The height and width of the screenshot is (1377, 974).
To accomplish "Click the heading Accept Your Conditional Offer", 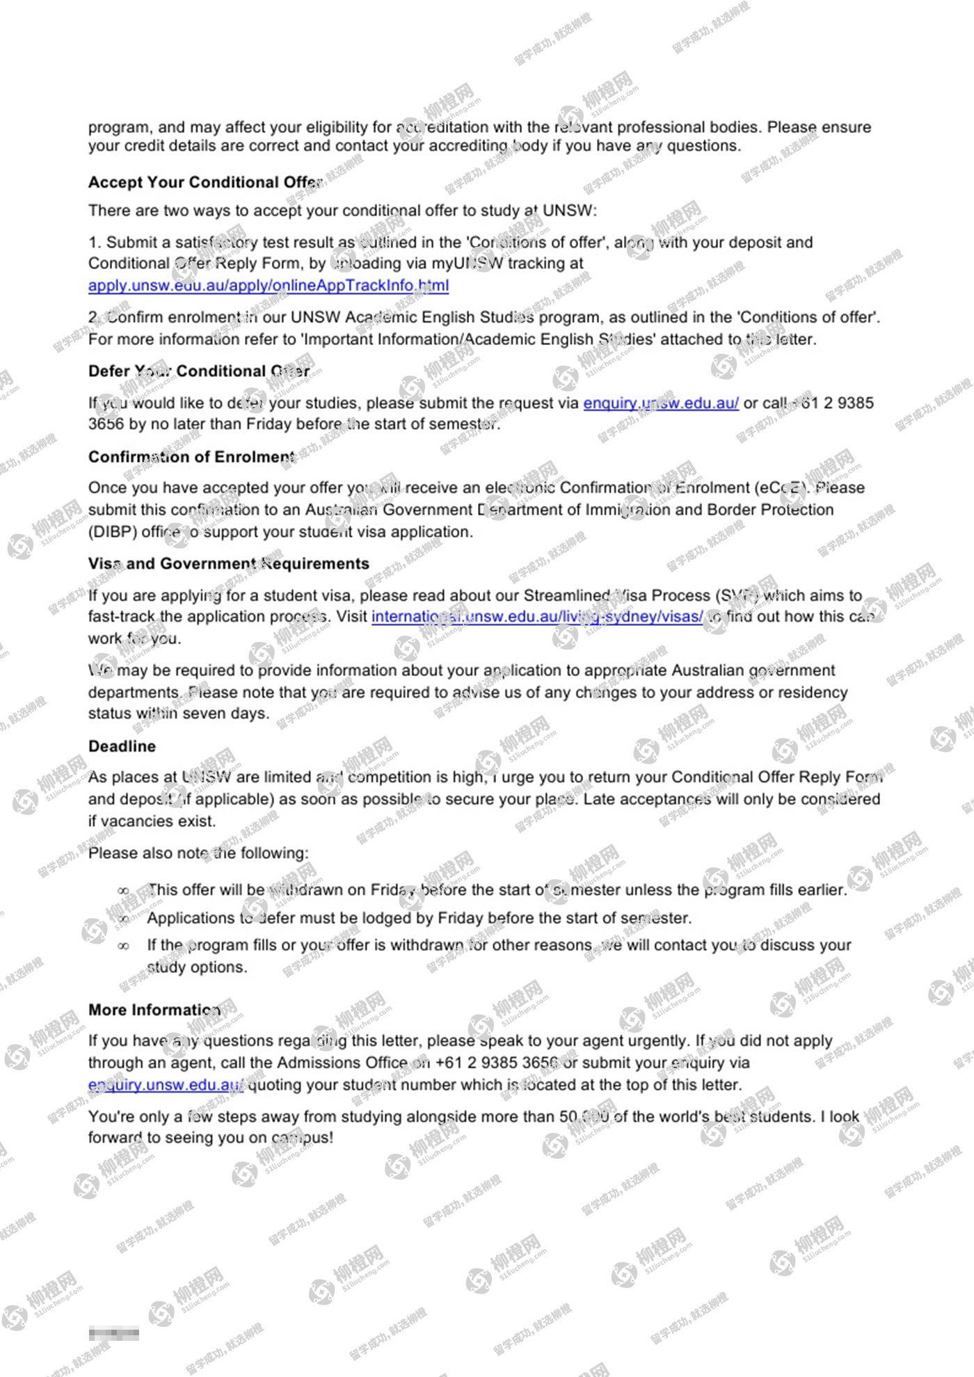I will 205,182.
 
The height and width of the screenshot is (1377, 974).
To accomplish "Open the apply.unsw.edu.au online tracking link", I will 268,285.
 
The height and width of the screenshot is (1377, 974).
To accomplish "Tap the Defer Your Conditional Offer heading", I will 199,371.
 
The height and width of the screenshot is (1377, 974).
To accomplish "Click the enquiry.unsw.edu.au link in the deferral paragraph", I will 660,403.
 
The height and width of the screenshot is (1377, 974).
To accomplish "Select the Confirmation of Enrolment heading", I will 191,457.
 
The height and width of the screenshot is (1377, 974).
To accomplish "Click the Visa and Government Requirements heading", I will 228,563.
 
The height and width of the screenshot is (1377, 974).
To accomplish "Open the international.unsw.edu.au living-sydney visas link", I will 536,617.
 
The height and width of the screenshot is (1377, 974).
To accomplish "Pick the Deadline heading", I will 122,746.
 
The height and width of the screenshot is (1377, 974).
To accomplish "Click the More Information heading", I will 154,1010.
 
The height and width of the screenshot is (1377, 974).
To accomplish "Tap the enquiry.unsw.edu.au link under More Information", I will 165,1085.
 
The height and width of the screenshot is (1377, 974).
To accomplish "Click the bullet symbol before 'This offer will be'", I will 123,891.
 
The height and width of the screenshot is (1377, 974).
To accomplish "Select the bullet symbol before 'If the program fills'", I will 123,946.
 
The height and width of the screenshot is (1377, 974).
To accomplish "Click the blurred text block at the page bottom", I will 113,1334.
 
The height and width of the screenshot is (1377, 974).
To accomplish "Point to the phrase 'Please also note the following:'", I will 198,853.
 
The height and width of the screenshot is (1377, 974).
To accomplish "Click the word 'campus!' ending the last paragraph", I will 302,1138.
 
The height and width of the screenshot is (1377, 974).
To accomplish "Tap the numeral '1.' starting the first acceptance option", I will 95,243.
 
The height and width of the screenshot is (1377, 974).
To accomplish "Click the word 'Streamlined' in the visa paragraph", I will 566,596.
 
